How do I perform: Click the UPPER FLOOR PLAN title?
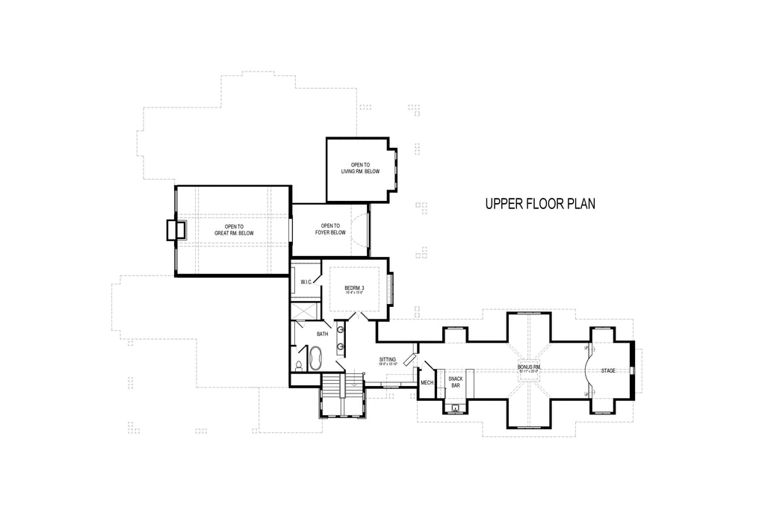pos(540,204)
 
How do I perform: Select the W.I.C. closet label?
pos(306,282)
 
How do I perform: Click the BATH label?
pos(323,334)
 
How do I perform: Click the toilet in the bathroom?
pos(299,366)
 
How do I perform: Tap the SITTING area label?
pos(388,361)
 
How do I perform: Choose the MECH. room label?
pos(427,382)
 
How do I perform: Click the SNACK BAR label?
pos(455,382)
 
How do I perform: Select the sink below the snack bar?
pos(455,408)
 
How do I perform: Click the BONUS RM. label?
pos(529,368)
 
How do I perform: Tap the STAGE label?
pos(608,370)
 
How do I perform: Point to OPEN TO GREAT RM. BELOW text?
pos(235,230)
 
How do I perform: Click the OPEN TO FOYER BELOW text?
pos(330,229)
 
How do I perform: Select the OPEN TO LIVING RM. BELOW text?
pos(361,168)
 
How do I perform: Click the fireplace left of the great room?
pos(176,229)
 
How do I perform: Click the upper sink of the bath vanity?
pos(341,329)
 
